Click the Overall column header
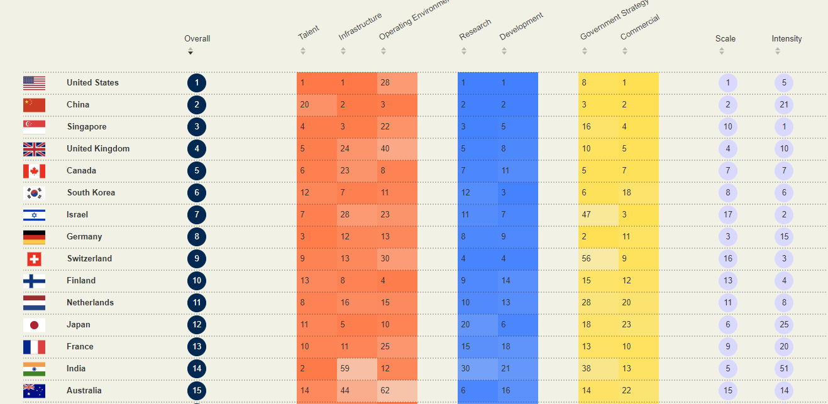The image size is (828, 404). click(x=197, y=39)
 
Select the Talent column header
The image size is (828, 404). click(x=309, y=33)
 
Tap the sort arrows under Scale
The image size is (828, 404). click(x=722, y=52)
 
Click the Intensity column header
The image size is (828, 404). click(x=787, y=39)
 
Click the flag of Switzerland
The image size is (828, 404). click(x=34, y=259)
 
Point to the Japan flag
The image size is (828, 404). click(x=34, y=325)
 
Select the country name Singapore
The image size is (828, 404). click(x=87, y=127)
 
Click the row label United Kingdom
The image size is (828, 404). click(x=98, y=149)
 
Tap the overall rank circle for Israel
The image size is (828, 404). click(x=197, y=215)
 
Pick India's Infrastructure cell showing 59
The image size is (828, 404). click(x=356, y=369)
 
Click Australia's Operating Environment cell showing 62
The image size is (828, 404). click(x=397, y=391)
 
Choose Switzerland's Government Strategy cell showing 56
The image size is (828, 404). click(x=598, y=259)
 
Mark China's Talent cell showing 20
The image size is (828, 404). click(x=316, y=105)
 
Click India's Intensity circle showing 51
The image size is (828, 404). click(x=784, y=369)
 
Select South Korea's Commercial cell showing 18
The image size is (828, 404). click(x=638, y=193)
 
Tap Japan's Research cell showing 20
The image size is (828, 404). click(x=477, y=325)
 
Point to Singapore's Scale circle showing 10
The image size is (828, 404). click(x=728, y=127)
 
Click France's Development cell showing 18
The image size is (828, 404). click(x=517, y=347)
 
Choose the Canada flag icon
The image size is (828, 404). click(x=34, y=171)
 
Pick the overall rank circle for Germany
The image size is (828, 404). click(x=197, y=237)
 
